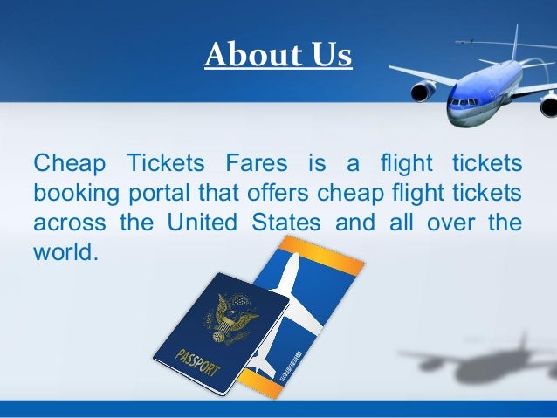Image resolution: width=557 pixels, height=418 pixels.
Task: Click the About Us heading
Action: point(278,55)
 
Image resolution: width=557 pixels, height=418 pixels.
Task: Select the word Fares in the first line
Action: point(258,163)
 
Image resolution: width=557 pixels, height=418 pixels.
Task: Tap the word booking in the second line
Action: point(72,191)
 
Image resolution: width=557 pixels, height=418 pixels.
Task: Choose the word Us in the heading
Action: point(331,55)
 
